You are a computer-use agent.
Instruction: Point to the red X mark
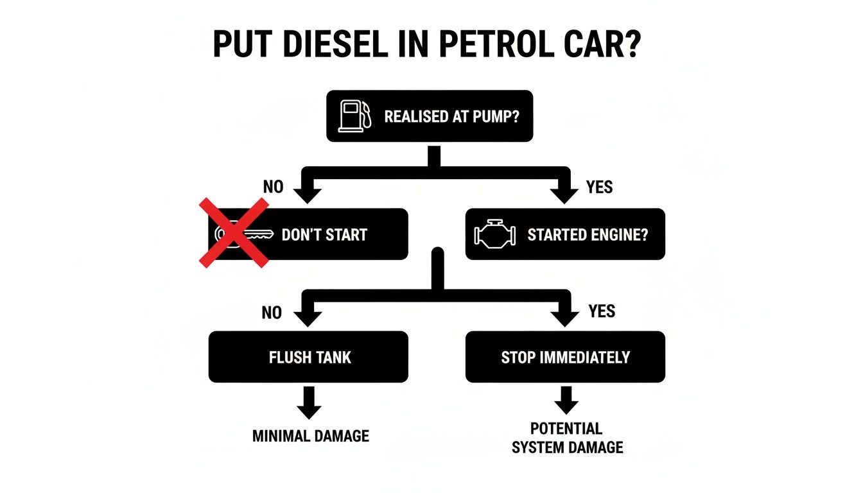point(233,232)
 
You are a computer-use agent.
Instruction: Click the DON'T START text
point(324,235)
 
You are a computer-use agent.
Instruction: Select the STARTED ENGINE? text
point(588,235)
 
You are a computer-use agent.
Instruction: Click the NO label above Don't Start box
point(273,187)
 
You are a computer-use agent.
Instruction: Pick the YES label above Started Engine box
point(599,187)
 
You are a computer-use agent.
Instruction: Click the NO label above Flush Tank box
point(272,313)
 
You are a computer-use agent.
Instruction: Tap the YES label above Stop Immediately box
point(602,311)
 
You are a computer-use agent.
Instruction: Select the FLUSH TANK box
point(308,357)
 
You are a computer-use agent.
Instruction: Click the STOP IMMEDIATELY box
point(565,357)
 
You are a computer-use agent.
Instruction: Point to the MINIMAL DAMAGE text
point(311,437)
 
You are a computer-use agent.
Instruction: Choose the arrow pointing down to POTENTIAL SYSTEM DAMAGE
point(566,401)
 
